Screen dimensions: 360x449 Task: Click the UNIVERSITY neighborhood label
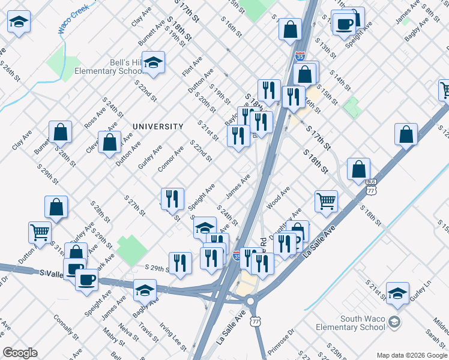click(158, 127)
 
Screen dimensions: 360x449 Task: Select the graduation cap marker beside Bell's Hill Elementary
click(154, 62)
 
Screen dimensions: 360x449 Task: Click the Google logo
click(20, 353)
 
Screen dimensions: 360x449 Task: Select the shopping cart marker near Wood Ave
click(326, 202)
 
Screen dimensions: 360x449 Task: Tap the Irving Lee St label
click(173, 336)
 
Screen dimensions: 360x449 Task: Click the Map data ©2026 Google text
click(412, 355)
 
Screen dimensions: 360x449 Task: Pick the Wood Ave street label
click(279, 197)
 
